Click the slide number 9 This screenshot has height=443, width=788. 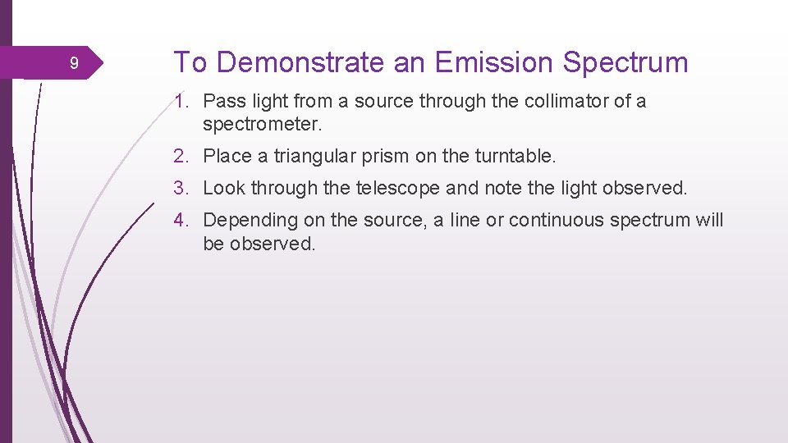[74, 64]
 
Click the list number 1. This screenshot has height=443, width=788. [181, 102]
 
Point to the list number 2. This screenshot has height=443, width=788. [181, 156]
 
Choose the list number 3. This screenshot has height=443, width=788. [181, 188]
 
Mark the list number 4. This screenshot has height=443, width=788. [181, 220]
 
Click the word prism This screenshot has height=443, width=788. [384, 156]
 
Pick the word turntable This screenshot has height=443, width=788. [515, 156]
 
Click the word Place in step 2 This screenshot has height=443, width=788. [225, 156]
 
